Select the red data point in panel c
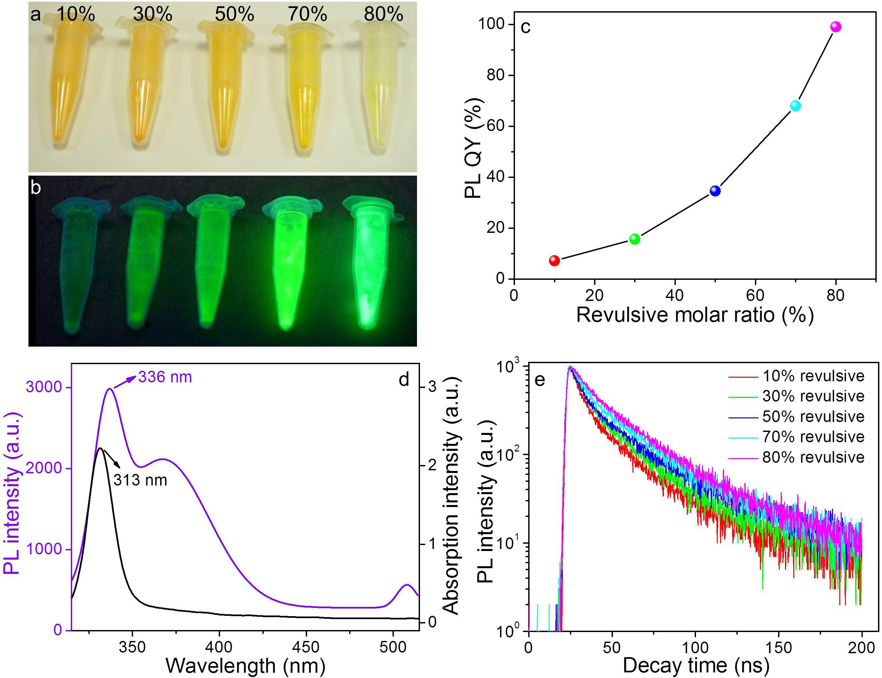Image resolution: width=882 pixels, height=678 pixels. click(x=554, y=260)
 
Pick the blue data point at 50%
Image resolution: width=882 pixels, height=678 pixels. click(x=715, y=191)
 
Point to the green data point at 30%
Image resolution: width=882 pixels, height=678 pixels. click(x=635, y=239)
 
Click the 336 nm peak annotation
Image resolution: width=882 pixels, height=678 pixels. click(x=165, y=377)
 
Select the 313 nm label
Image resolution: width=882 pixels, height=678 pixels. click(x=140, y=480)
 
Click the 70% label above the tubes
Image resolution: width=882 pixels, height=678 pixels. click(x=307, y=15)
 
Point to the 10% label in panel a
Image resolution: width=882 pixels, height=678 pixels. click(x=75, y=15)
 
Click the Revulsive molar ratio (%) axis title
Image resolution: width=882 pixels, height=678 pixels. click(x=695, y=315)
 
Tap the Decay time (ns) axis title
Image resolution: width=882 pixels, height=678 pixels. click(x=696, y=665)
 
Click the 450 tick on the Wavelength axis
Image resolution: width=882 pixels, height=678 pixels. click(x=306, y=647)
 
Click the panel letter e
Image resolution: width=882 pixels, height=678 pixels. click(x=539, y=380)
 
